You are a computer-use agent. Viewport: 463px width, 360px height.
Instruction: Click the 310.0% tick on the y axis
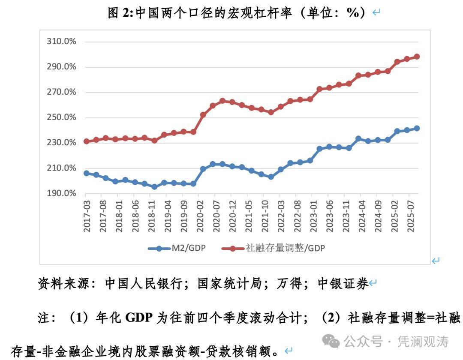point(61,42)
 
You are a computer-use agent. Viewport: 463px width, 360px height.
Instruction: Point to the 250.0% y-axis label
point(61,117)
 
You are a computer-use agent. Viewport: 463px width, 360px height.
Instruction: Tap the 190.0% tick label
point(61,193)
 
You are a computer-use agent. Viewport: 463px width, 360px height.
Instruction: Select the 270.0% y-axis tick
point(61,92)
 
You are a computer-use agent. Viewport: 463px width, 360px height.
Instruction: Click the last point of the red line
point(417,57)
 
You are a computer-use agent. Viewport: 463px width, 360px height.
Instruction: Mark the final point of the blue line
point(417,128)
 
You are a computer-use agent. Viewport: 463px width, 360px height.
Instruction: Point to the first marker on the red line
point(87,141)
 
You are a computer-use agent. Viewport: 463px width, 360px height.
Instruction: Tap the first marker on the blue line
point(87,173)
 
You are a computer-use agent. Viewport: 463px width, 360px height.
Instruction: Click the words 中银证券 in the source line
point(343,283)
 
